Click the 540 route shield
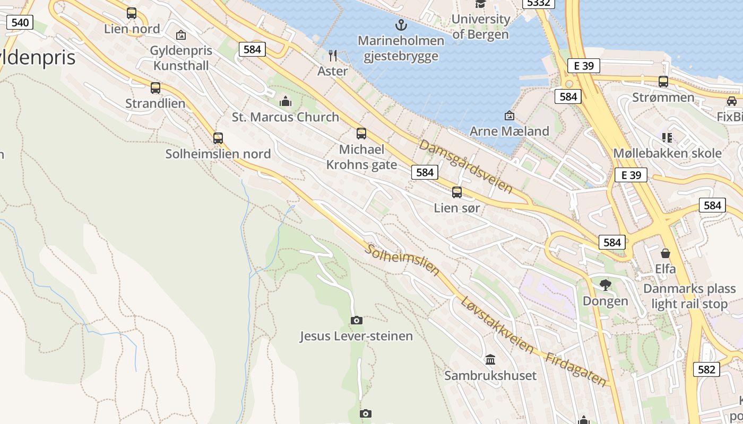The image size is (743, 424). point(20,22)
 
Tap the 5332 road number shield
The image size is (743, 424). point(539,3)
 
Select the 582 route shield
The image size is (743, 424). point(706,369)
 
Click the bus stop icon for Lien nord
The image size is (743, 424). point(132,13)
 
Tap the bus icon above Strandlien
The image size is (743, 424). point(155,88)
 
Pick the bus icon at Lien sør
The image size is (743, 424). point(457,192)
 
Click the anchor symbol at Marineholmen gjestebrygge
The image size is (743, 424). point(401,24)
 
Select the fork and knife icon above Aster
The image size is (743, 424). point(333,56)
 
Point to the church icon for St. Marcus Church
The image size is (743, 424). point(286,101)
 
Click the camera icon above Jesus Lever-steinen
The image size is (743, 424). point(357,320)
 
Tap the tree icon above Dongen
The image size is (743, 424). point(605,285)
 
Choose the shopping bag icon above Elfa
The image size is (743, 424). point(666,253)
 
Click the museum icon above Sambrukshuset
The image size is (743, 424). point(490,360)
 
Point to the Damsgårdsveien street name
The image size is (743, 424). point(465,166)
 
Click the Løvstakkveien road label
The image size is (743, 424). point(497,325)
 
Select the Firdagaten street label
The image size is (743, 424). point(576,369)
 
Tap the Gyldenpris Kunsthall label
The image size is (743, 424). point(181,58)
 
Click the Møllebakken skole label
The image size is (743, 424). point(667,153)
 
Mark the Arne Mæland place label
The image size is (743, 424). point(509,131)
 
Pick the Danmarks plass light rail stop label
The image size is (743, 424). point(689,296)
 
